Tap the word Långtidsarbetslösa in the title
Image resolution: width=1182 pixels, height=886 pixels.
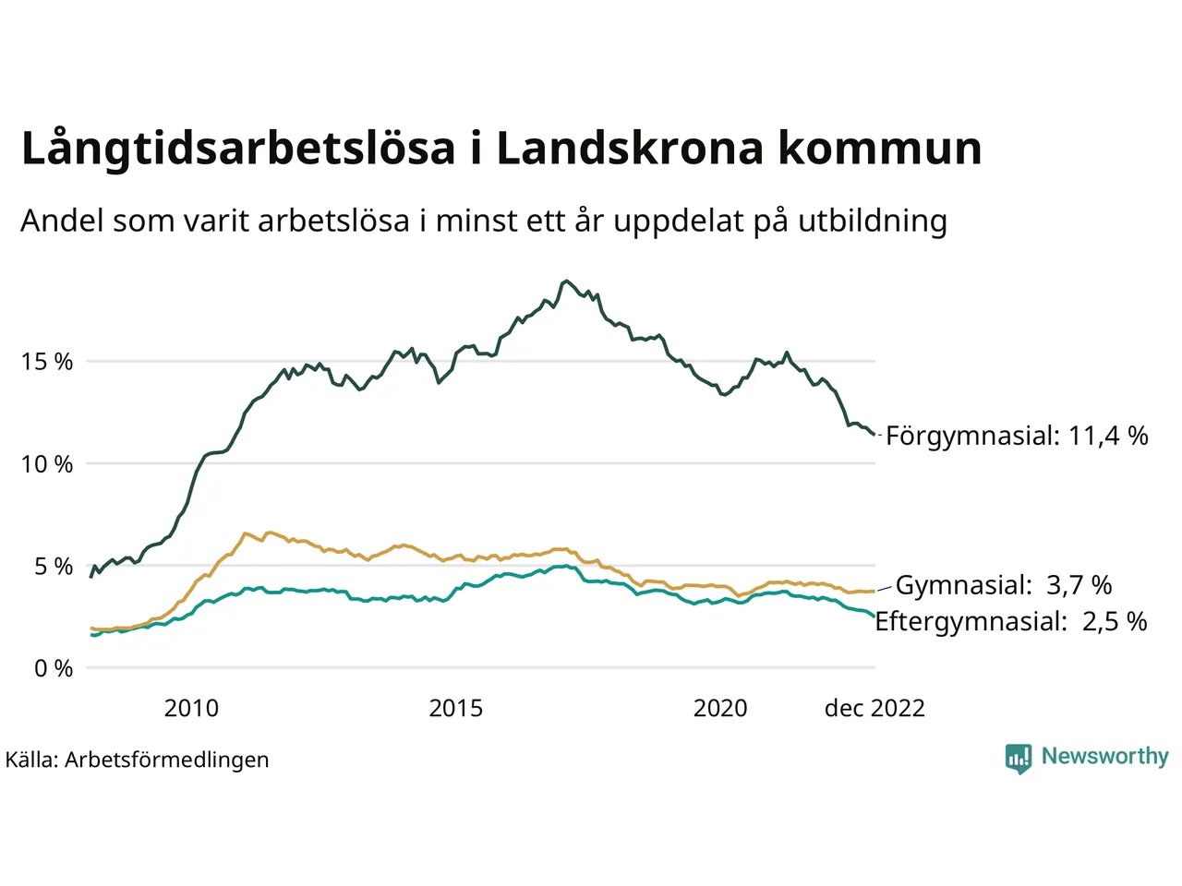[238, 150]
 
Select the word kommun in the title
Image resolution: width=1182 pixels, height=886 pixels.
[879, 150]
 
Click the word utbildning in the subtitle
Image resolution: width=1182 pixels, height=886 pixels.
[873, 221]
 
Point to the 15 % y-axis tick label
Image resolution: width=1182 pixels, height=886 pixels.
[47, 362]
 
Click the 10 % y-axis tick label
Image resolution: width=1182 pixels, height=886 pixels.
[47, 464]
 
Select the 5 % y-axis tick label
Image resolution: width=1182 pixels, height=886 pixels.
[54, 566]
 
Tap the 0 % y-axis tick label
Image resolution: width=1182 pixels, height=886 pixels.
[54, 668]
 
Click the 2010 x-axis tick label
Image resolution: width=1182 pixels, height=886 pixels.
[191, 708]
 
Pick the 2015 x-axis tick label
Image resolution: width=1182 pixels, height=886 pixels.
[456, 708]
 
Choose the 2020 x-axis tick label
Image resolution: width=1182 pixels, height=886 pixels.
[720, 708]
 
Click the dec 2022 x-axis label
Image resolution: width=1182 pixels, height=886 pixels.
[874, 708]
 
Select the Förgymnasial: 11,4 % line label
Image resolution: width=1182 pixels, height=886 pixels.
[1017, 436]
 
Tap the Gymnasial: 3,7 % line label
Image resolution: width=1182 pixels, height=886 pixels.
[1004, 585]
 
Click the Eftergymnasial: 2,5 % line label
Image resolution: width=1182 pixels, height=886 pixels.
[1011, 621]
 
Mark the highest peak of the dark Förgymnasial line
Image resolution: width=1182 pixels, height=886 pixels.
[566, 281]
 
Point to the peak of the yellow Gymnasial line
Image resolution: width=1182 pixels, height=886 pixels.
[269, 533]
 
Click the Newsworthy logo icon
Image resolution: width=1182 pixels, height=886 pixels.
[1018, 759]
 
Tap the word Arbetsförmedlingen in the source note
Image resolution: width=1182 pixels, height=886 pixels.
[167, 760]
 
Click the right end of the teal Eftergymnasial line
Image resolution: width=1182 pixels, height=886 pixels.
[874, 617]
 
